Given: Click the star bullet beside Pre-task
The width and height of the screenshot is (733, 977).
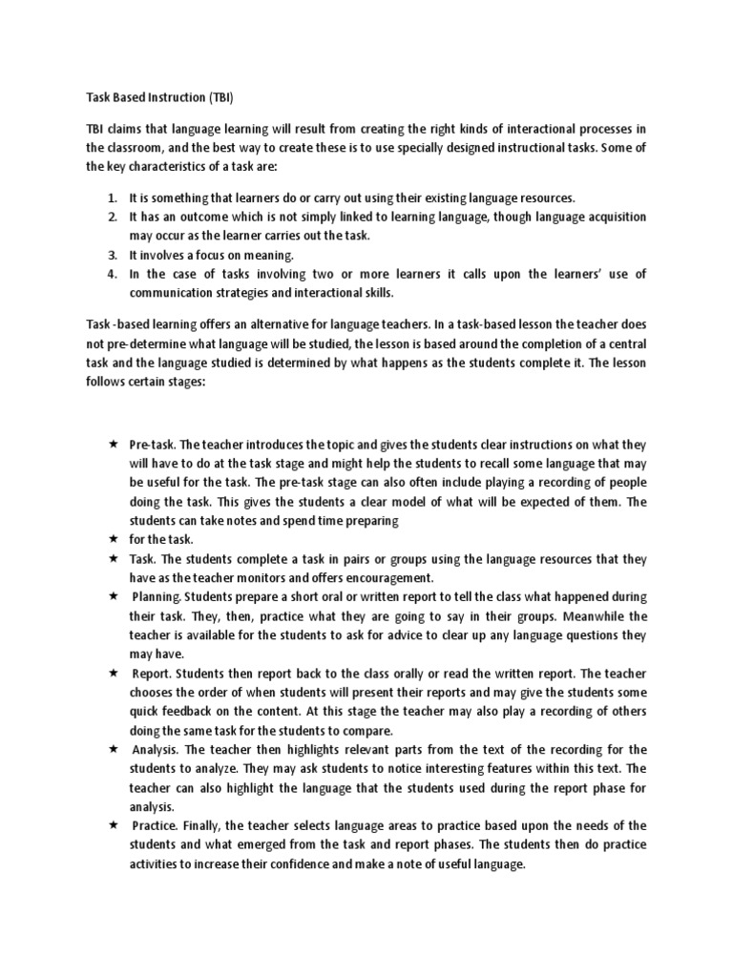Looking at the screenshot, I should click(x=113, y=445).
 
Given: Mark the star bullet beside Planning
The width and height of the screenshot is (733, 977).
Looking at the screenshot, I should click(x=113, y=596).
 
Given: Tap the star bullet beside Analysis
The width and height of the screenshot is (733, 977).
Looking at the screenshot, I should click(x=113, y=749).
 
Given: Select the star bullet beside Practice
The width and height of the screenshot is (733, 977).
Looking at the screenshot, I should click(x=113, y=825).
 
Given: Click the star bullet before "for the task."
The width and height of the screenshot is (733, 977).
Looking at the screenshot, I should click(x=113, y=539).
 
